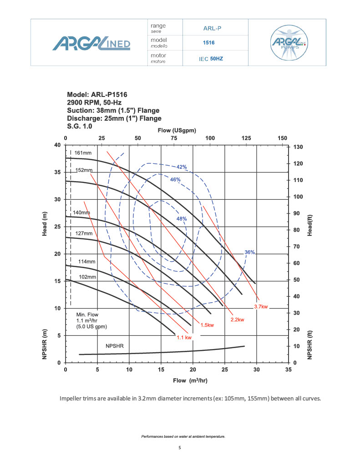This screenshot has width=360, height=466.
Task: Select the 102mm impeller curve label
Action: click(x=87, y=277)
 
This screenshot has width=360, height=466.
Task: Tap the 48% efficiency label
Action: click(x=182, y=219)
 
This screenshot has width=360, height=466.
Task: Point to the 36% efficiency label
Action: click(x=249, y=252)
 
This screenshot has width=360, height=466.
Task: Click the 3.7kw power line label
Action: click(x=261, y=307)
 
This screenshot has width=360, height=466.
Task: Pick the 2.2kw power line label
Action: click(x=238, y=320)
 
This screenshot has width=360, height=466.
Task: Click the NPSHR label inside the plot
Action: click(x=114, y=346)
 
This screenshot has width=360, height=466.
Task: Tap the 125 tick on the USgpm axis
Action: click(x=247, y=138)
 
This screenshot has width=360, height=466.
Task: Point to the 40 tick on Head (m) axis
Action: click(x=57, y=145)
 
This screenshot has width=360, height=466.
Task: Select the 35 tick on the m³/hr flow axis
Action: click(x=288, y=370)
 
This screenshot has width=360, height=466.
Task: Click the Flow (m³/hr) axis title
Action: click(x=190, y=380)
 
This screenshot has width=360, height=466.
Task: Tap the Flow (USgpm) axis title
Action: click(x=177, y=131)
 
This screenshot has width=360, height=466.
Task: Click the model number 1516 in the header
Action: click(x=208, y=43)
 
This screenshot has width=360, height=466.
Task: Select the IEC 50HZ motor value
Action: click(x=211, y=59)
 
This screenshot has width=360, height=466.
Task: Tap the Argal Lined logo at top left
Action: click(x=91, y=43)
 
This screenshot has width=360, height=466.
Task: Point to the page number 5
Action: click(x=180, y=448)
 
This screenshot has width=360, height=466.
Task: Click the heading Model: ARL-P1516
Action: click(x=97, y=95)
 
